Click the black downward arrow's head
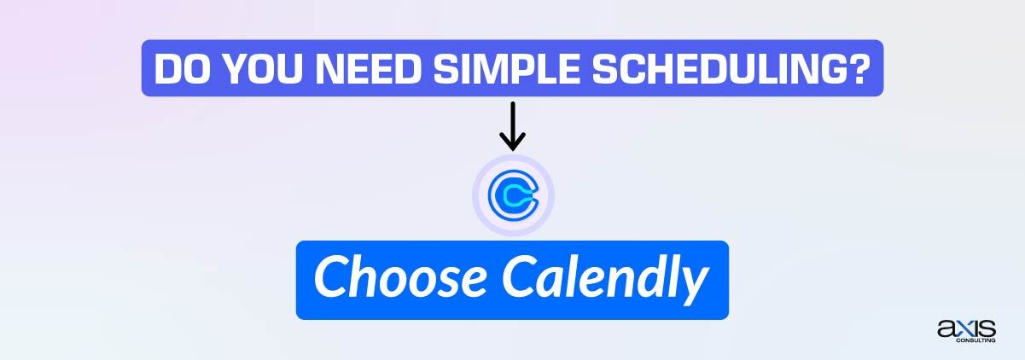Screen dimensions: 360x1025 pyautogui.click(x=512, y=143)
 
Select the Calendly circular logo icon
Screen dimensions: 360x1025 pyautogui.click(x=513, y=196)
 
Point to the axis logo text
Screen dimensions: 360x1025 pyautogui.click(x=966, y=328)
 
